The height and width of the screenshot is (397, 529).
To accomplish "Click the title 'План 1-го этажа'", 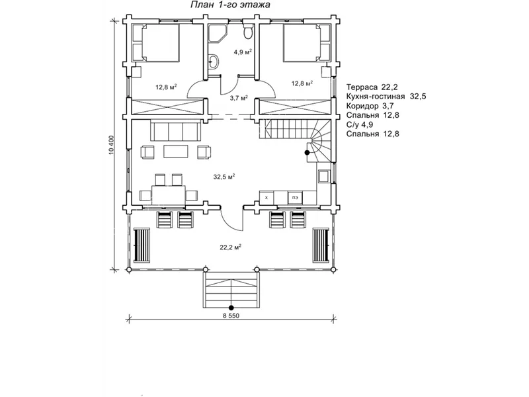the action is [230, 5].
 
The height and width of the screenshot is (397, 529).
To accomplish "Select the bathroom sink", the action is [214, 62].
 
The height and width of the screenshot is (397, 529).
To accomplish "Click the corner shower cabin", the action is [217, 33].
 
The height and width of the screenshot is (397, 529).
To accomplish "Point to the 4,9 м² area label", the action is [243, 52].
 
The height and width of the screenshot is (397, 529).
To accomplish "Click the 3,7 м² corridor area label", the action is [239, 98].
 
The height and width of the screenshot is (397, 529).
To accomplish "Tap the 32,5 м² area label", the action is [224, 177].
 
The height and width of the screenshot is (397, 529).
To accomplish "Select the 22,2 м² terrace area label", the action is [231, 247].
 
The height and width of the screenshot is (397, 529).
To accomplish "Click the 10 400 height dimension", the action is [112, 145].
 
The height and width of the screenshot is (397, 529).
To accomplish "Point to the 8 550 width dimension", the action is [231, 316].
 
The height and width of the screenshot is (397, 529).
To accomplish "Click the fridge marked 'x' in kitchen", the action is [266, 198].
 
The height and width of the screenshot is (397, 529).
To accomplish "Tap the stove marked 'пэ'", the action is [295, 198].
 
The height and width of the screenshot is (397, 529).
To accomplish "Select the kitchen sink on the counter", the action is [323, 176].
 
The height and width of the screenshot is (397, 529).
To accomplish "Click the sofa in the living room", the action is [175, 132].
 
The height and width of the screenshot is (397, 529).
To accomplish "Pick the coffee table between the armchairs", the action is [176, 152].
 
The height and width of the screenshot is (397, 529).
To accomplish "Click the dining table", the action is [169, 195].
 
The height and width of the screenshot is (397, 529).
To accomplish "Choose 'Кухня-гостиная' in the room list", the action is [376, 97].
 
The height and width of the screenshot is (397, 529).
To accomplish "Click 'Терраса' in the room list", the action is [362, 87].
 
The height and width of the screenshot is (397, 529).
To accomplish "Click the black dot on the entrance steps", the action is [231, 308].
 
